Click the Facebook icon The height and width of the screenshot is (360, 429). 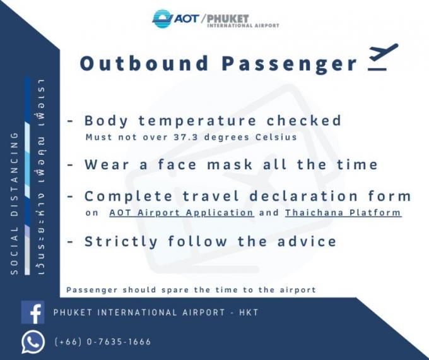pos(33,313)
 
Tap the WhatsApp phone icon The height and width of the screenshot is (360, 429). pos(33,342)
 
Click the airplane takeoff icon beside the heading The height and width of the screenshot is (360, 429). pos(382,57)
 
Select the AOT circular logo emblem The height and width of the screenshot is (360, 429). pos(163,18)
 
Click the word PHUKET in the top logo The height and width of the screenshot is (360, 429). pos(228,18)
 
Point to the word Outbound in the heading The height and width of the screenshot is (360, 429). pos(144,63)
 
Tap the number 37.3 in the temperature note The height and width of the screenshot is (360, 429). pos(185,136)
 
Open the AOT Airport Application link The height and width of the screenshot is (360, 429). pos(182,213)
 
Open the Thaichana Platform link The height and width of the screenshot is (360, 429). pos(343,213)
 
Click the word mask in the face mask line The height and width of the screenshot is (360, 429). pos(229,164)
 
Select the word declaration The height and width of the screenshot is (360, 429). pos(303,196)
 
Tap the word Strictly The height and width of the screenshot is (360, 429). pos(121,242)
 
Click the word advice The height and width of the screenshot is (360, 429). pos(307,241)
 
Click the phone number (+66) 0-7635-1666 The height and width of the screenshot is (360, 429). pos(103,342)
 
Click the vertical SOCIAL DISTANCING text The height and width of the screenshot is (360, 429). pos(15,203)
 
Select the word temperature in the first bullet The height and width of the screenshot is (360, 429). pos(197,121)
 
